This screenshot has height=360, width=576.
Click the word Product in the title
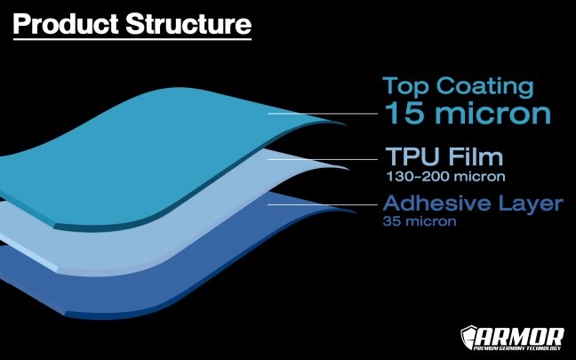coord(66,24)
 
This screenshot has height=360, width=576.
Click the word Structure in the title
coord(188,24)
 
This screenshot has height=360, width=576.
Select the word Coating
coord(485,87)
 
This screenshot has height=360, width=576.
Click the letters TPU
coord(412,156)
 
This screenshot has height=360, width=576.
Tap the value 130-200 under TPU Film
coord(417,177)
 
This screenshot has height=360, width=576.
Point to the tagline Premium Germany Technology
coord(517,348)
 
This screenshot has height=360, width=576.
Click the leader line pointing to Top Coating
coord(323,114)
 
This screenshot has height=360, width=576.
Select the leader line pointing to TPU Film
coord(323,159)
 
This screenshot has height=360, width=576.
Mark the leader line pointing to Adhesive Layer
coord(323,204)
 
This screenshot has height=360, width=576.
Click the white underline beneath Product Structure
coord(132,38)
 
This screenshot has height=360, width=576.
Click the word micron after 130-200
coord(479,177)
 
